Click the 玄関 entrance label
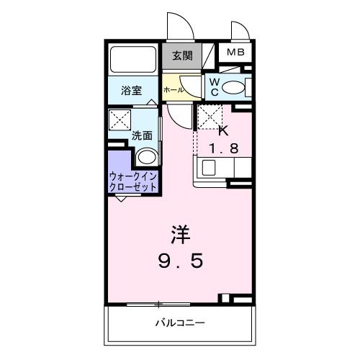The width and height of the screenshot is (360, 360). (x=181, y=55)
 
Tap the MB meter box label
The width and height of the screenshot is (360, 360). (x=236, y=53)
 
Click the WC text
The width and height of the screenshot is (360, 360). (x=214, y=87)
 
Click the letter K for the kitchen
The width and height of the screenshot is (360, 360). (x=222, y=130)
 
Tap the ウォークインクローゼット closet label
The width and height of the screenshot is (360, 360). (x=133, y=180)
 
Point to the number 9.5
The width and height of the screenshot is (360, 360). (x=181, y=260)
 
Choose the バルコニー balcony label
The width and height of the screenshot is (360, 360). (x=180, y=323)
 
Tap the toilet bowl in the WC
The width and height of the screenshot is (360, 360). (x=233, y=88)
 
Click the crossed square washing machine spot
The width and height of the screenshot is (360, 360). (x=119, y=120)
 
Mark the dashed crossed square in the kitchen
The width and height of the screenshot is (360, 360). (x=208, y=115)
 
